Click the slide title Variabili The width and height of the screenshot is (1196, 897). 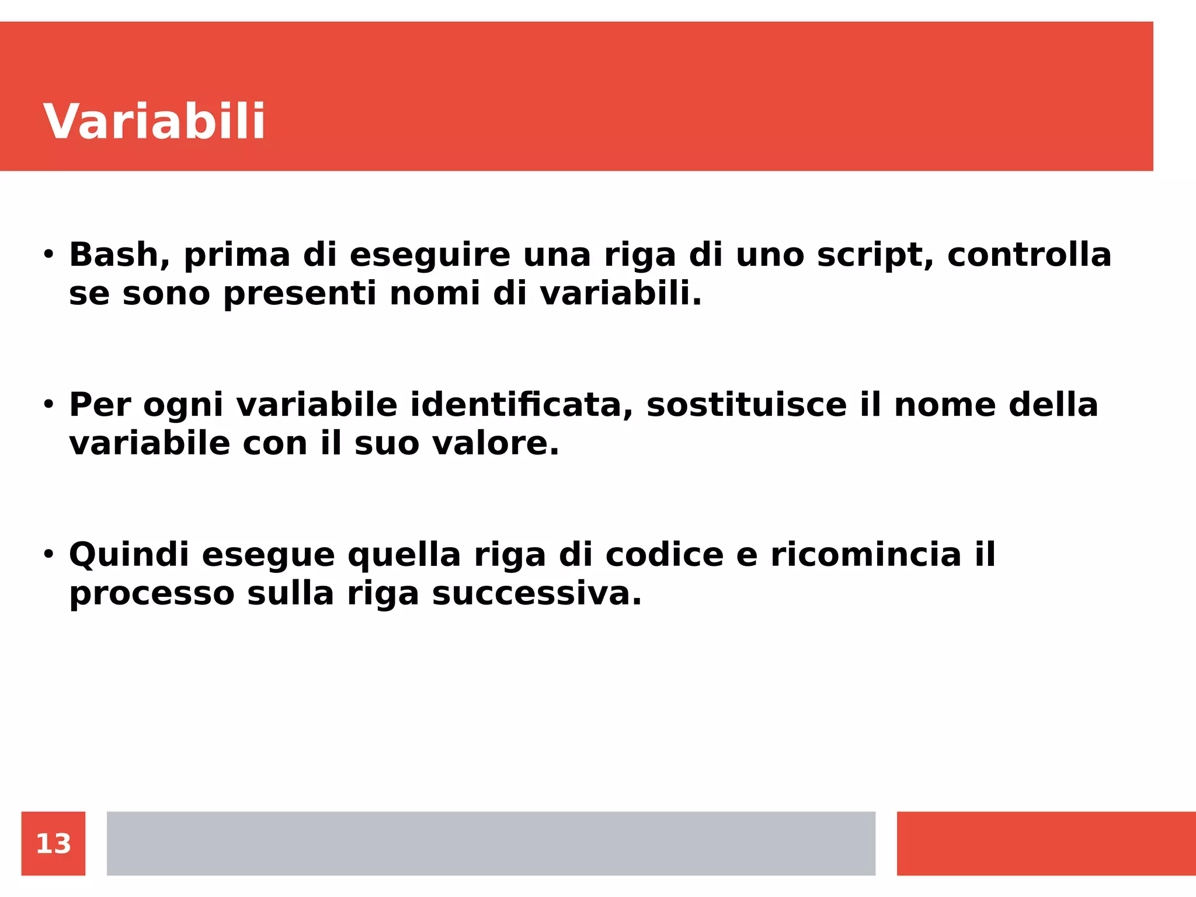154,121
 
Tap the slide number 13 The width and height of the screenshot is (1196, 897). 53,843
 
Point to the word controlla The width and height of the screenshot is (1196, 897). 1029,255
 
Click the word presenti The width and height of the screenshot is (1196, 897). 300,294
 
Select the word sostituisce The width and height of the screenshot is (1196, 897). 746,405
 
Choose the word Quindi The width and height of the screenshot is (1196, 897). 129,555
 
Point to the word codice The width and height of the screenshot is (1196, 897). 664,555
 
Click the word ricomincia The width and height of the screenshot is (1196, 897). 865,555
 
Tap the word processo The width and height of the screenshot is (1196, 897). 152,594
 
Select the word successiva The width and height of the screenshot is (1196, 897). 536,594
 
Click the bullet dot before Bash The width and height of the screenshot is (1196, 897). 48,255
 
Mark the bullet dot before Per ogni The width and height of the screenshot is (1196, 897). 48,404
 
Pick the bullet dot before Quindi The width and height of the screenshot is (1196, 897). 48,554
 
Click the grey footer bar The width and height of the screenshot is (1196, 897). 491,843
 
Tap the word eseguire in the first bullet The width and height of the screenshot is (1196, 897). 430,255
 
